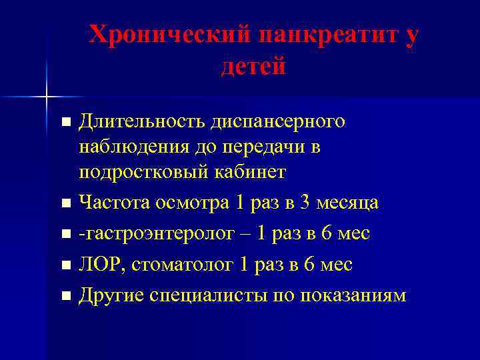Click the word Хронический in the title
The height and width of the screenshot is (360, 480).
(169, 35)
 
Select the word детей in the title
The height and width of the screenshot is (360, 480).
(253, 66)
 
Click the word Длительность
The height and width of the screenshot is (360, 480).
(142, 121)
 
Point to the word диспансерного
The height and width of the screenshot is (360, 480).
(278, 121)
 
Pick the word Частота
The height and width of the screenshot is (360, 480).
(114, 202)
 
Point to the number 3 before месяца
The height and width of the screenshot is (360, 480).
(305, 202)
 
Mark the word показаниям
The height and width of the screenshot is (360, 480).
(352, 295)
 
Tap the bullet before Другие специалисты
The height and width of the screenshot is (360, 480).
(65, 296)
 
